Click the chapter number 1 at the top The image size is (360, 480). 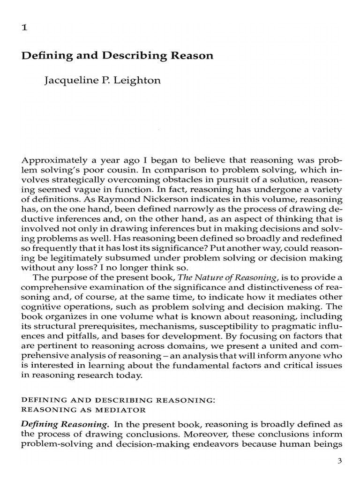[x=24, y=28]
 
